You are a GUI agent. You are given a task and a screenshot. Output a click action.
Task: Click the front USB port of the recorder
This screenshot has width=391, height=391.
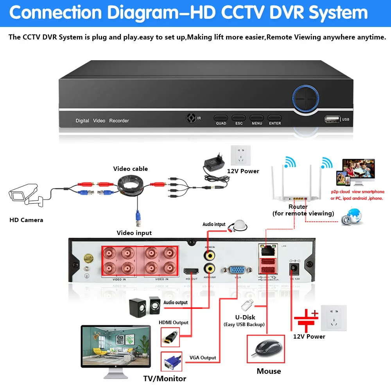[x=332, y=119]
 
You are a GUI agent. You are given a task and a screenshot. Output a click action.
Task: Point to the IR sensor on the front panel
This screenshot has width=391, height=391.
[x=192, y=118]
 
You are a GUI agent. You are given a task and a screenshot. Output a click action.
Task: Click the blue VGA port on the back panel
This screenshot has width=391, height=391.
[x=237, y=270]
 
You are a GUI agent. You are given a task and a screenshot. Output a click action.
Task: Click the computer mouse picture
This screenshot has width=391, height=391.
[x=266, y=348]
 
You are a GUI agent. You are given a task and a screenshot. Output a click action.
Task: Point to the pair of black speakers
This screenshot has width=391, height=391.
[x=144, y=307]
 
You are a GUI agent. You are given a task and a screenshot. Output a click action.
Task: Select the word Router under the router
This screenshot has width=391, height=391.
[x=298, y=206]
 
